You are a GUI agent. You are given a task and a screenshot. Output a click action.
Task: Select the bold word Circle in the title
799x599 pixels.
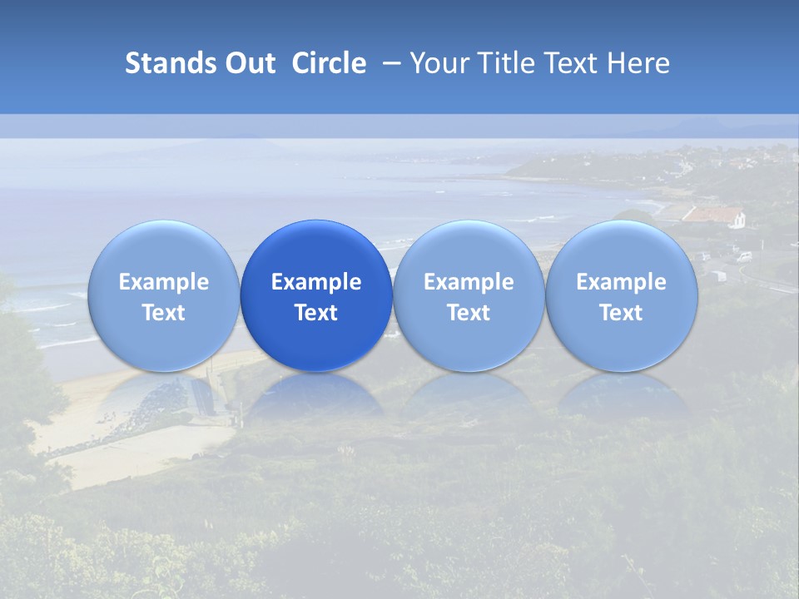coord(329,63)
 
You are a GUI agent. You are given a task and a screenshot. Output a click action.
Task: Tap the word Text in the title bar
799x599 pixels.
coord(574,63)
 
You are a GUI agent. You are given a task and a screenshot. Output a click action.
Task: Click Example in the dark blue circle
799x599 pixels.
coord(316,282)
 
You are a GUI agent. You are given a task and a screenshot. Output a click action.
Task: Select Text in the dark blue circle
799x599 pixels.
coord(316,313)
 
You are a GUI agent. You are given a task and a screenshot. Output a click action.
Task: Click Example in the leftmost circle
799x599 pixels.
coord(164,282)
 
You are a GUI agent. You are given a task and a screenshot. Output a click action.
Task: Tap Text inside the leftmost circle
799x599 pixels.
coord(164,313)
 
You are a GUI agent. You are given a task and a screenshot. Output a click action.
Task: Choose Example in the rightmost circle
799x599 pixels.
coord(621,282)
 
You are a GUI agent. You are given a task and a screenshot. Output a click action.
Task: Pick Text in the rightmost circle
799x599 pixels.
coord(621,313)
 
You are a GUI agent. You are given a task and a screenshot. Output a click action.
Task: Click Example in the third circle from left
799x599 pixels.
coord(469,282)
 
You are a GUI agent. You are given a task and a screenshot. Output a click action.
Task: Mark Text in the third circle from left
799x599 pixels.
coord(469,313)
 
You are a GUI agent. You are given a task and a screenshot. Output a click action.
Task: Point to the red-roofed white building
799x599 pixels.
coord(714,216)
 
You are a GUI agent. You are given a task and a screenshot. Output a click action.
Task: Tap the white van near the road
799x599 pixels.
coord(743,256)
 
